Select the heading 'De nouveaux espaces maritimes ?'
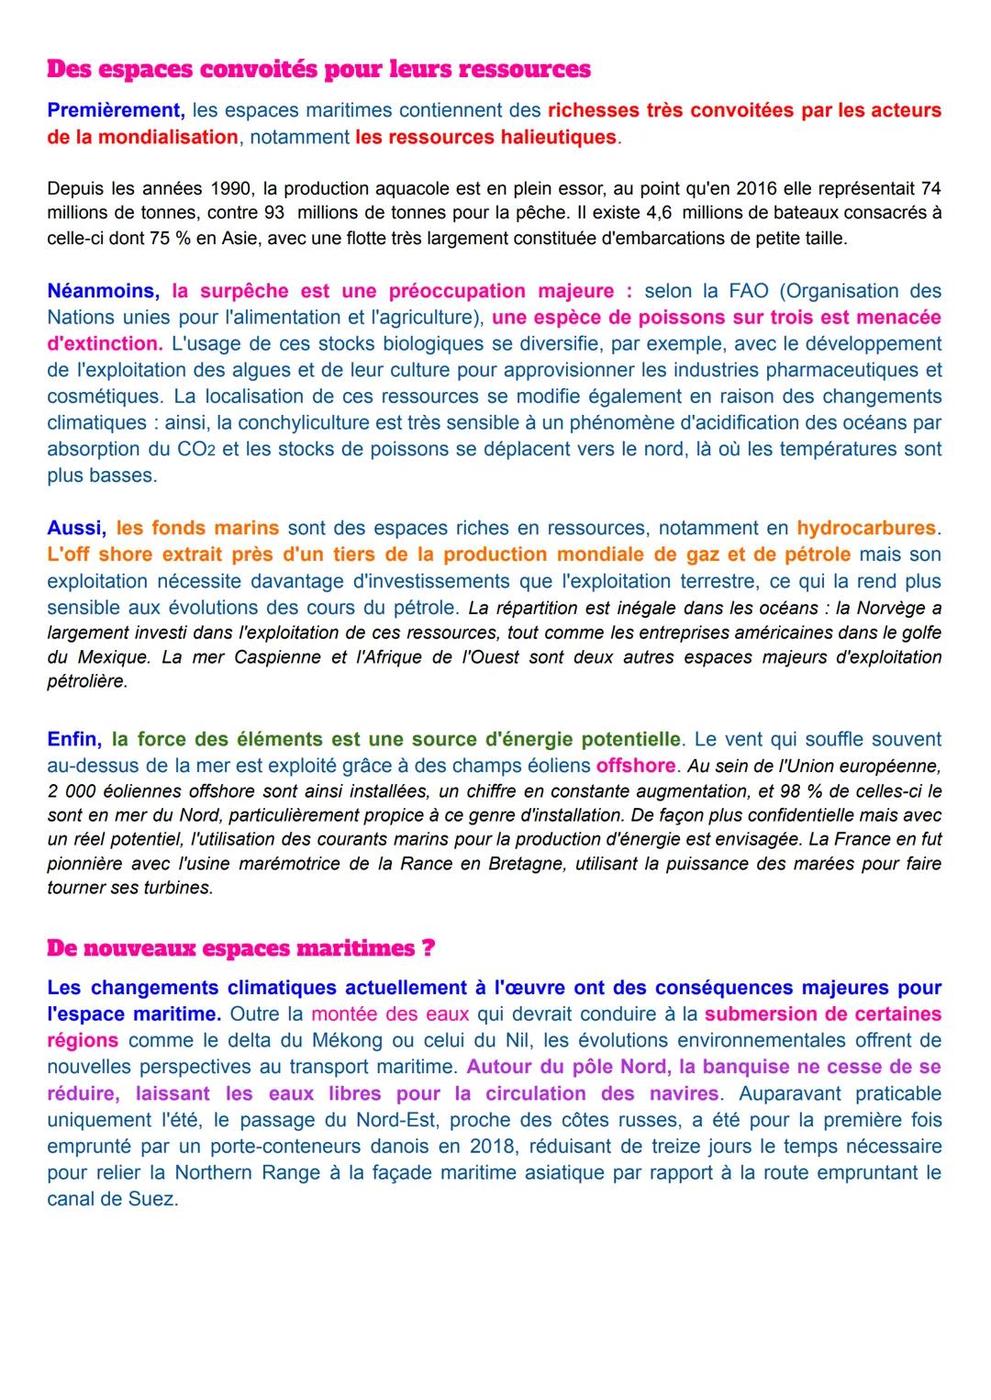pos(240,948)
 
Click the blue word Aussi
pos(75,528)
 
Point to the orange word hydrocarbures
pos(866,528)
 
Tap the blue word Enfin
pos(73,739)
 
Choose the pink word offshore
pos(635,766)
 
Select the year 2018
pos(494,1147)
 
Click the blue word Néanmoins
pos(102,291)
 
